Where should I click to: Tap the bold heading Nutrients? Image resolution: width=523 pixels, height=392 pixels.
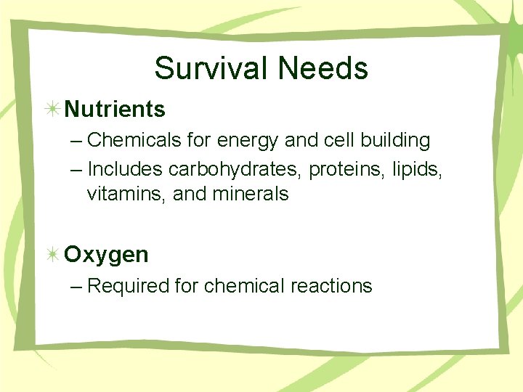pyautogui.click(x=115, y=110)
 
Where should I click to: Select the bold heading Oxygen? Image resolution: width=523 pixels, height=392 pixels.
pyautogui.click(x=106, y=255)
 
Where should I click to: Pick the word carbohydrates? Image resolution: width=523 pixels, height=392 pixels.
pyautogui.click(x=235, y=169)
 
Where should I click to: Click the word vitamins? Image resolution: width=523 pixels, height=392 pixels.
pyautogui.click(x=127, y=194)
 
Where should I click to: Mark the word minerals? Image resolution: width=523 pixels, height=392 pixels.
pyautogui.click(x=250, y=194)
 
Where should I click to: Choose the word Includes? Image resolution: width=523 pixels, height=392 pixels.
pyautogui.click(x=125, y=169)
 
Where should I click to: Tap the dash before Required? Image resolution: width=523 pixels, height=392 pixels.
pyautogui.click(x=77, y=287)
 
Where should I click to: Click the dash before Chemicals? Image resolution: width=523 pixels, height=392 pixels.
pyautogui.click(x=77, y=140)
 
